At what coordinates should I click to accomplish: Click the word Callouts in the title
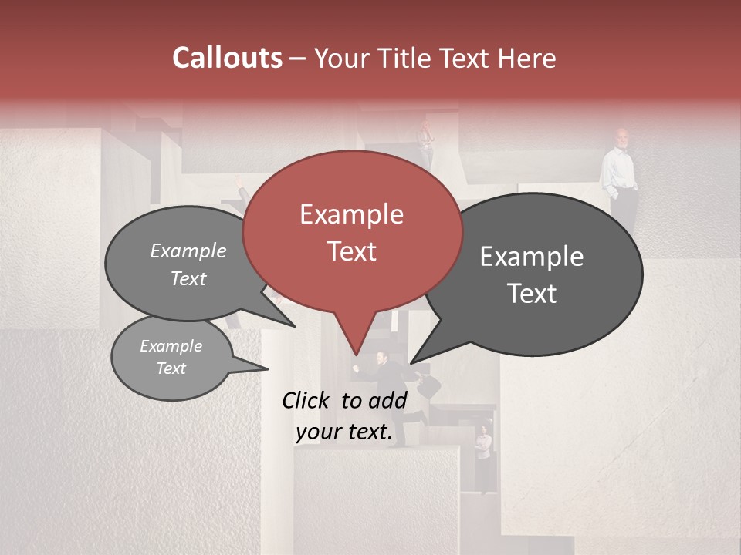[x=228, y=58]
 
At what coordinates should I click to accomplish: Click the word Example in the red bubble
[x=351, y=214]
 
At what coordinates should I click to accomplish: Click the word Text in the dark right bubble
[x=532, y=294]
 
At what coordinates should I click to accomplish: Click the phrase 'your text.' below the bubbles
[x=343, y=432]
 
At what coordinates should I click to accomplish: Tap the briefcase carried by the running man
[x=429, y=385]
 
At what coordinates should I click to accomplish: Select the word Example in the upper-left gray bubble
[x=188, y=251]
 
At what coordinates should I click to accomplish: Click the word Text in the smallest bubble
[x=171, y=368]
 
